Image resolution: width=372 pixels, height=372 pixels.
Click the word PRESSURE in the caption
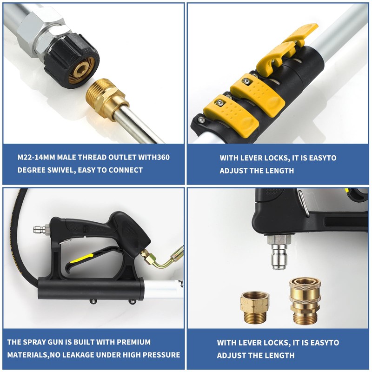point(161,355)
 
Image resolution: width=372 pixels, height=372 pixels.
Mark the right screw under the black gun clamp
point(133,302)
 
